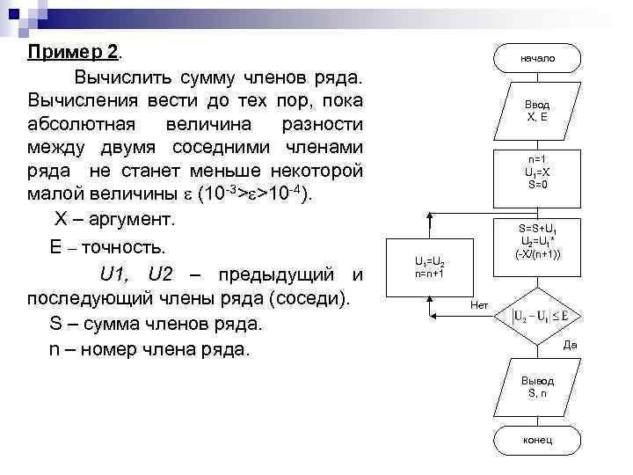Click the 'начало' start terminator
click(538, 58)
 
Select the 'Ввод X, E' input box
click(538, 110)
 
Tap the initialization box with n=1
click(538, 172)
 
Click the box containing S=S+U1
click(539, 240)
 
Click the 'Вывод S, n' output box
click(538, 387)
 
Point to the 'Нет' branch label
click(480, 305)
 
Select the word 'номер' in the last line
click(113, 349)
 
